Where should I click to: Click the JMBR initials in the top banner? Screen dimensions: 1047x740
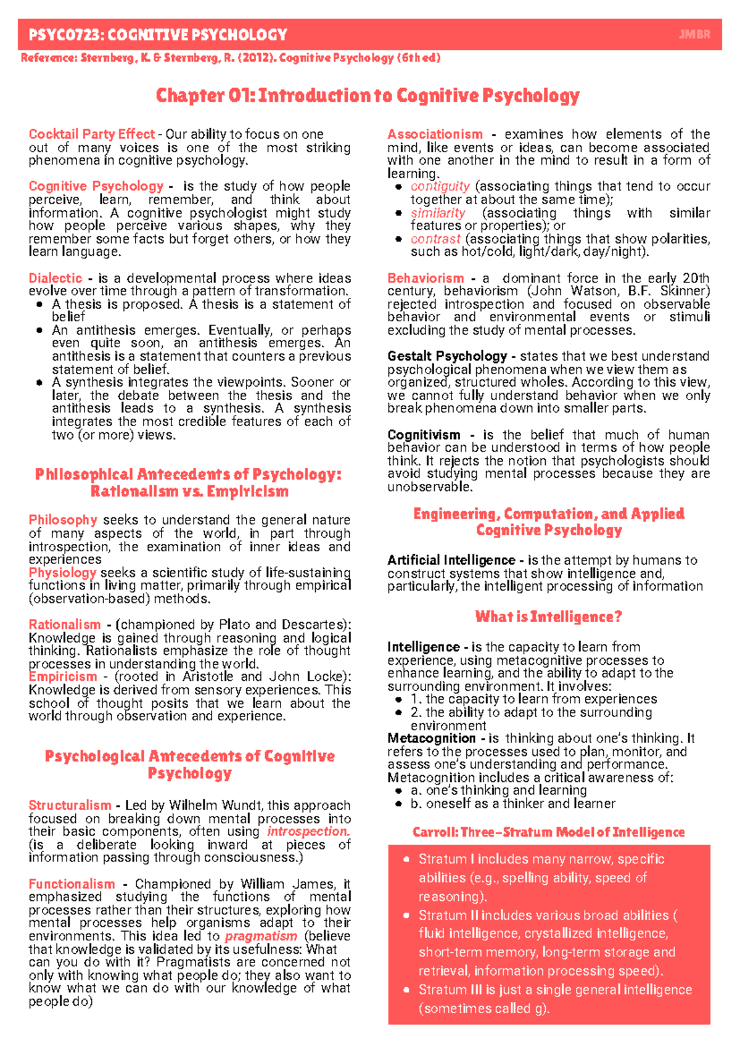coord(694,35)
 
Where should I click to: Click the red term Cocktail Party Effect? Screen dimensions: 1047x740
coord(91,134)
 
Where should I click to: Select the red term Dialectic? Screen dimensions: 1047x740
coord(55,278)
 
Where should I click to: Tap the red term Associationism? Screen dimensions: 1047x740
coord(435,134)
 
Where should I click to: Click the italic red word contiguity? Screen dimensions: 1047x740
coord(440,186)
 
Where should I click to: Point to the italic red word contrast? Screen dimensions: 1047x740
coord(435,239)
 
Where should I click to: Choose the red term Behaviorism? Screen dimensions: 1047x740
coord(425,278)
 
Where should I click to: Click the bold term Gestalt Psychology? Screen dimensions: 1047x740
coord(446,356)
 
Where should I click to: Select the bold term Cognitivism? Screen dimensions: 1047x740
coord(424,435)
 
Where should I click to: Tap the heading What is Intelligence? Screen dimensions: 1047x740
coord(548,617)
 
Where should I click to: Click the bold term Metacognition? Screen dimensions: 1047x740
coord(431,738)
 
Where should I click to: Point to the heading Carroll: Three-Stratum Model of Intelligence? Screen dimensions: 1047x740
coord(548,832)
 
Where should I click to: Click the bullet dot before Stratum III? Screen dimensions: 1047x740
coord(406,990)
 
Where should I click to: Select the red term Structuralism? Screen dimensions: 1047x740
coord(70,805)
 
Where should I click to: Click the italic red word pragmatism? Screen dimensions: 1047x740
coord(261,936)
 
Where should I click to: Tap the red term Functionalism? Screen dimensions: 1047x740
coord(72,884)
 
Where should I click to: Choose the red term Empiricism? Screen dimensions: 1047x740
coord(62,676)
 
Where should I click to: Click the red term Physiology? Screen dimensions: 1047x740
coord(62,573)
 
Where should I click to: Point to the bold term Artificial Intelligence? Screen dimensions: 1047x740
coord(451,560)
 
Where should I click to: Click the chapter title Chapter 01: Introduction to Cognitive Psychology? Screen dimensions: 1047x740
coord(368,96)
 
